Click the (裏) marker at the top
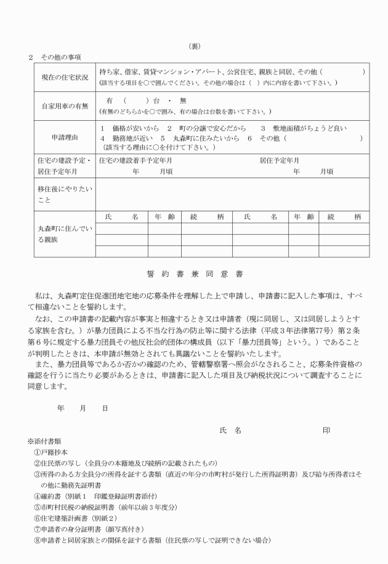tap(194, 46)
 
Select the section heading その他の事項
tap(59, 57)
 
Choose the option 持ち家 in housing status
tap(110, 72)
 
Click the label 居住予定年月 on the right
tap(279, 160)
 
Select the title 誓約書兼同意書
tap(194, 273)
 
